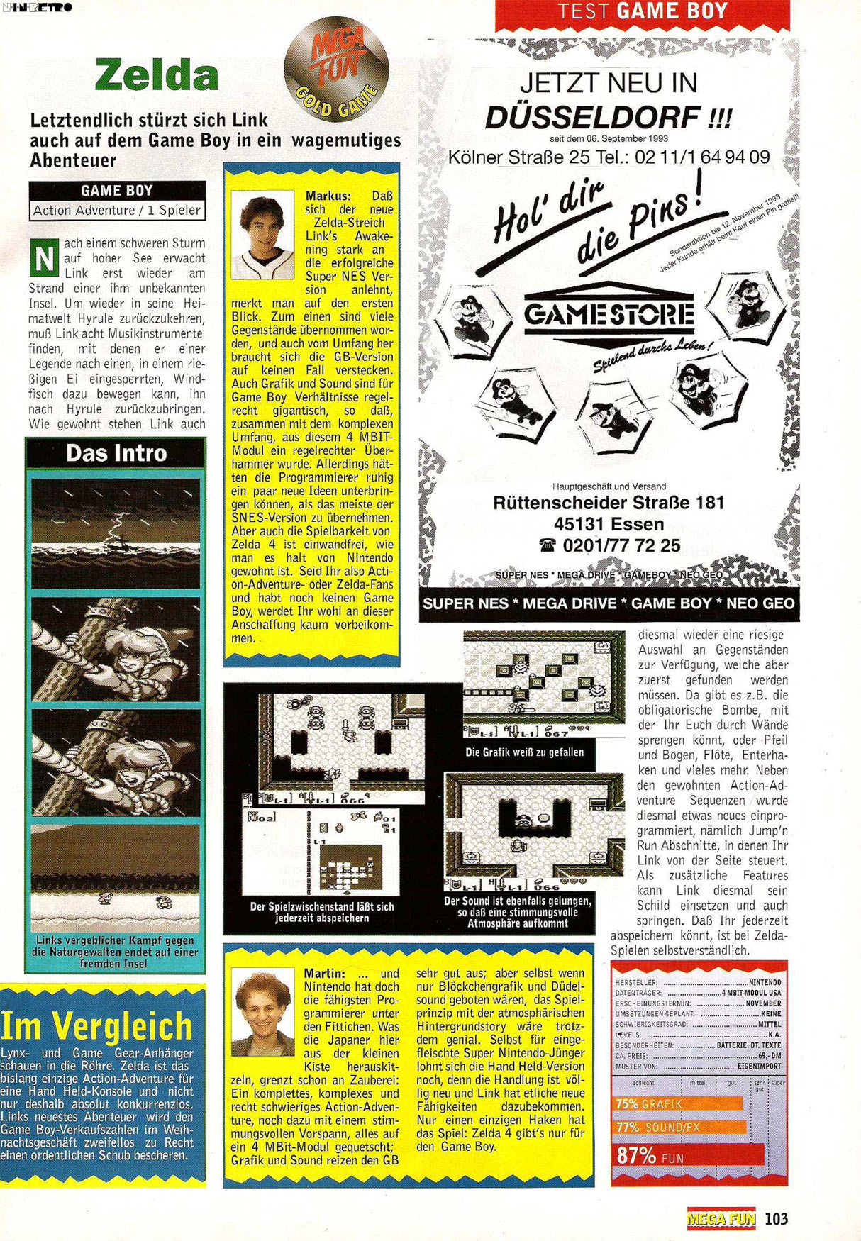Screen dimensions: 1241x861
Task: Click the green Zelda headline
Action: coord(157,74)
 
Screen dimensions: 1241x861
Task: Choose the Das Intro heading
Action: coord(116,453)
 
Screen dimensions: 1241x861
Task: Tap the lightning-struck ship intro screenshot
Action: coord(116,533)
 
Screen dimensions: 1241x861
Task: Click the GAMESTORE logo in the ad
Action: coord(609,314)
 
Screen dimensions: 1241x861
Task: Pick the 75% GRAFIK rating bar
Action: coord(678,1103)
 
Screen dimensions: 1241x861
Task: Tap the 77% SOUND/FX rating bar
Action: coord(679,1127)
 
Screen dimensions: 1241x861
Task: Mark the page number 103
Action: coord(777,1218)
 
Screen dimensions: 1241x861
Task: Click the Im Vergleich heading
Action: coord(97,1025)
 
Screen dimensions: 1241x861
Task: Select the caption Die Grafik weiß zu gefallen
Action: coord(524,752)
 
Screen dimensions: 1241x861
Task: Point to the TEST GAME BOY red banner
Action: coord(642,13)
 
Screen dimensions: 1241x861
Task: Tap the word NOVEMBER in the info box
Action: coord(763,1003)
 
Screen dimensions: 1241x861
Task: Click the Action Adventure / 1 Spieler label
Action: coord(117,210)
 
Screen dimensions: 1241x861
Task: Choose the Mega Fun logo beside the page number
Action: coord(721,1218)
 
